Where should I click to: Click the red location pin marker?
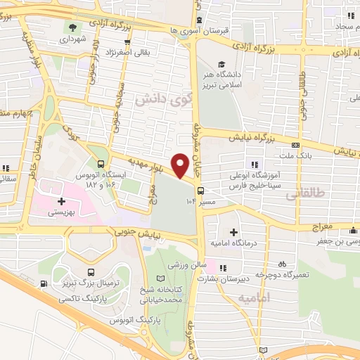coord(181,165)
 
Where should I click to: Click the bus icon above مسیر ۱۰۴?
coord(202,190)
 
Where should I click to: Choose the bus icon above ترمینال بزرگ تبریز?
coord(91,272)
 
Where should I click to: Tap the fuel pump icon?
coord(45,283)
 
